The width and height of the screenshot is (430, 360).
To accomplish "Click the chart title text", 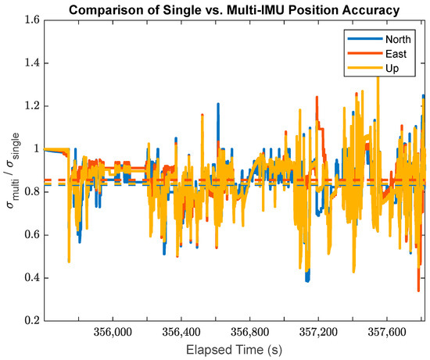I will (234, 9).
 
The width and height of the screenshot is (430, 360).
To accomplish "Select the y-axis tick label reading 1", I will (36, 148).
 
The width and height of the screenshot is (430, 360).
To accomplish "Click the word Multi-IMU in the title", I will (253, 9).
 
